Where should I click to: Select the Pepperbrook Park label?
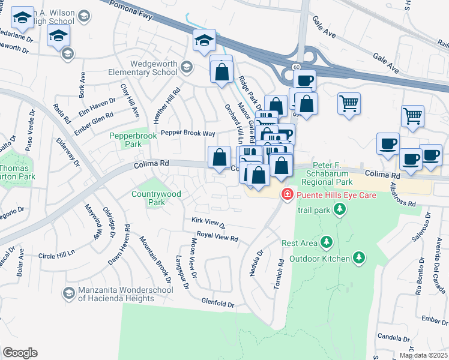pos(133,140)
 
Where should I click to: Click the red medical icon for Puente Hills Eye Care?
pos(288,194)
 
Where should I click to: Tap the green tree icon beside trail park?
pos(340,209)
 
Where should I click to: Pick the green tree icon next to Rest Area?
pos(326,242)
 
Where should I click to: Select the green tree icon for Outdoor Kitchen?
pos(359,258)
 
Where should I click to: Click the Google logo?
pos(20,353)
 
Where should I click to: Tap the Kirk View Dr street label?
pos(208,223)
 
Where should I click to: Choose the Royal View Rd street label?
pos(217,237)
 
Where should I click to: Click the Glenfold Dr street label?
pos(217,304)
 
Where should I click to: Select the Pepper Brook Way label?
pos(187,133)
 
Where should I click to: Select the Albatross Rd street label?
pos(403,195)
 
